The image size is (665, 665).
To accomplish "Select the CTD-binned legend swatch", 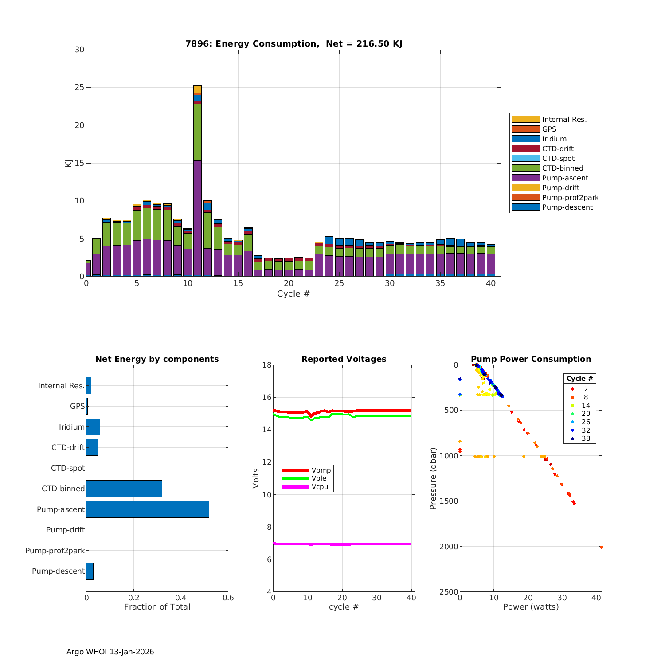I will [x=526, y=168].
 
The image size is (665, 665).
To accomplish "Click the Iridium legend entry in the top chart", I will [x=554, y=139].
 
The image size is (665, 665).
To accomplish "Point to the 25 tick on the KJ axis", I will [x=79, y=87].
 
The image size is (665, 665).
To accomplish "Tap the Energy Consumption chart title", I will [x=293, y=43].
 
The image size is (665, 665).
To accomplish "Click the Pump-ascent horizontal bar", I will [x=148, y=509].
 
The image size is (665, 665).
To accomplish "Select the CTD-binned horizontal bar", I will [x=124, y=489].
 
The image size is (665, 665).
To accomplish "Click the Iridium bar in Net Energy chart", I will [x=93, y=427].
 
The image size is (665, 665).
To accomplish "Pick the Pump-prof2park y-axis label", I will [x=55, y=551].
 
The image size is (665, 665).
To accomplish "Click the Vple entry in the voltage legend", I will [x=319, y=478].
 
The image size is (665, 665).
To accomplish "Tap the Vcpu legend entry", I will [x=320, y=487].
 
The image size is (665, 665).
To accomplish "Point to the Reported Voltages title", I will [x=344, y=359].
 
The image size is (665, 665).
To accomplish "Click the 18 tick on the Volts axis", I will [x=266, y=365].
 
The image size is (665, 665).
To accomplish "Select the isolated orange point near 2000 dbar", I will [x=601, y=547].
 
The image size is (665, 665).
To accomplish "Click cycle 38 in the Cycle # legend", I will [x=586, y=438].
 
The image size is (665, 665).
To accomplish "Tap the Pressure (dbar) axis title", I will [x=433, y=478].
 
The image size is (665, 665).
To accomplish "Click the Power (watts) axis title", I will [x=531, y=607].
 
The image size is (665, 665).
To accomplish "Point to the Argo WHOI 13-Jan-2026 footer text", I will [x=110, y=652].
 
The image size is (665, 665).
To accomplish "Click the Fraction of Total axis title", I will [x=157, y=607].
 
